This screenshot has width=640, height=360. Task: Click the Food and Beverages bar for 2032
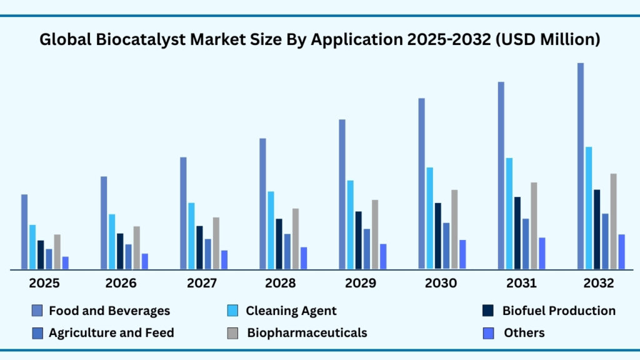click(x=581, y=166)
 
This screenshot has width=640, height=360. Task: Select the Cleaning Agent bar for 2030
click(x=430, y=218)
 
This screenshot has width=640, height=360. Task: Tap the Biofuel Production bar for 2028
click(x=279, y=244)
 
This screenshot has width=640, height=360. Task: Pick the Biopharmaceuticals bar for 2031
click(x=534, y=226)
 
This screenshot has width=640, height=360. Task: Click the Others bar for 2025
click(x=65, y=263)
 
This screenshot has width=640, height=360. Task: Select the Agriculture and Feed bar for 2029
click(x=367, y=249)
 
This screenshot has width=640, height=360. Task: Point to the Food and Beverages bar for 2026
click(x=104, y=222)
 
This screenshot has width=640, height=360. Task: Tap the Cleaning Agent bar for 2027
click(x=192, y=236)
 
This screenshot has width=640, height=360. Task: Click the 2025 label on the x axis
click(x=44, y=283)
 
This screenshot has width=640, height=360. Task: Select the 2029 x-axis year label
click(x=361, y=283)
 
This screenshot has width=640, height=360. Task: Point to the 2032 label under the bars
click(x=599, y=283)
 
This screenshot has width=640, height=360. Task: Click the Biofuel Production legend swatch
click(x=489, y=311)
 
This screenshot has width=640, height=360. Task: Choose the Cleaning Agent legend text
click(x=291, y=311)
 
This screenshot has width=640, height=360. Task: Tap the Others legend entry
click(x=524, y=333)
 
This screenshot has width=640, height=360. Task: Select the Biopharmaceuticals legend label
click(x=307, y=332)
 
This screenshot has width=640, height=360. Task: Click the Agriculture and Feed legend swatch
click(x=37, y=333)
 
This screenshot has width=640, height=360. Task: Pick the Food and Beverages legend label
click(x=109, y=311)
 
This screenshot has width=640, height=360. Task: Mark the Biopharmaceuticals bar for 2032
click(x=614, y=221)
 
